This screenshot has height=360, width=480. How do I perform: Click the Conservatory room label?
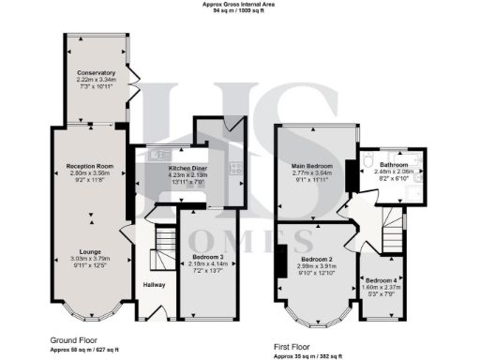(x=97, y=72)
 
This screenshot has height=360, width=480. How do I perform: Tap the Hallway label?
(x=154, y=284)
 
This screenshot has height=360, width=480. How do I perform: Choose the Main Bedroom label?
(x=312, y=166)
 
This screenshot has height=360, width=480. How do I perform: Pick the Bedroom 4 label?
(x=382, y=281)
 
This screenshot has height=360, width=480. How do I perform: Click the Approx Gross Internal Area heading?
(x=240, y=5)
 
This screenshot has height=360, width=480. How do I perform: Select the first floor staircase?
(x=385, y=226)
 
